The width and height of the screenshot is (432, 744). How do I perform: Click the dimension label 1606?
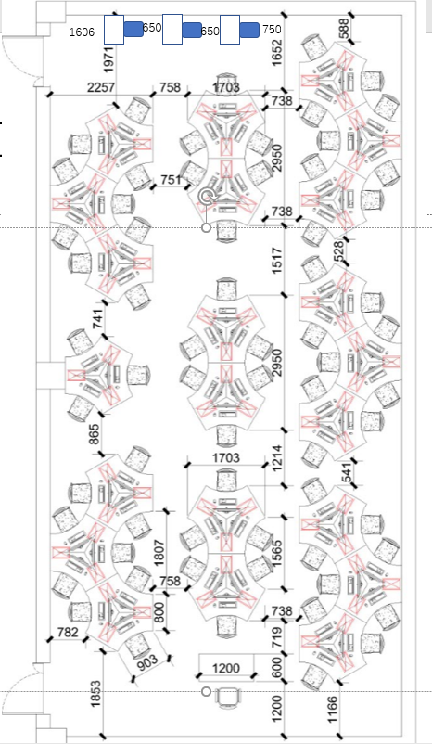(x=82, y=32)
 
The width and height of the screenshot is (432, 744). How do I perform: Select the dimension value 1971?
(x=109, y=59)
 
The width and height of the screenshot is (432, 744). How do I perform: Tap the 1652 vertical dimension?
(x=276, y=52)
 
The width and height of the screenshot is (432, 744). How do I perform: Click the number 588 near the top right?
(x=344, y=28)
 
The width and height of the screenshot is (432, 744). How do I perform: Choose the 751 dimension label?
(x=171, y=180)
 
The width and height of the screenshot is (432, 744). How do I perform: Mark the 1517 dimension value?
(x=276, y=261)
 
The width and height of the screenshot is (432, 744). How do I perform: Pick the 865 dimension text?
(x=95, y=434)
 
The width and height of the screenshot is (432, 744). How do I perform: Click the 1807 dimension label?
(x=159, y=552)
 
